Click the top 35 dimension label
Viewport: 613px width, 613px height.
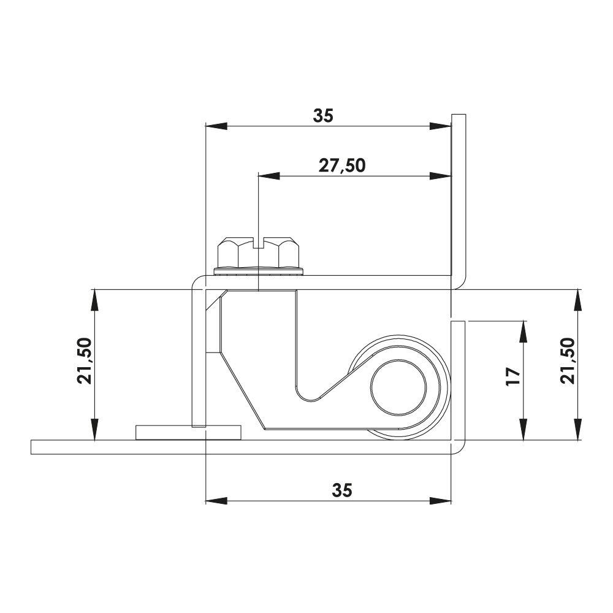click(323, 116)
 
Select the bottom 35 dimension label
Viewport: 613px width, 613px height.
click(342, 490)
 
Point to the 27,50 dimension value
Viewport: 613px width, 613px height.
click(342, 166)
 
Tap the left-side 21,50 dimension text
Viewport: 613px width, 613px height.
click(85, 360)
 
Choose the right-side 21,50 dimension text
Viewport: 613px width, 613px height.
click(568, 360)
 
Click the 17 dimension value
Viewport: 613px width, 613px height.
click(514, 377)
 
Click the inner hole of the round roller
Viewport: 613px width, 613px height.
click(398, 387)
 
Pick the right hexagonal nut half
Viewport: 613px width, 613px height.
click(282, 253)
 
